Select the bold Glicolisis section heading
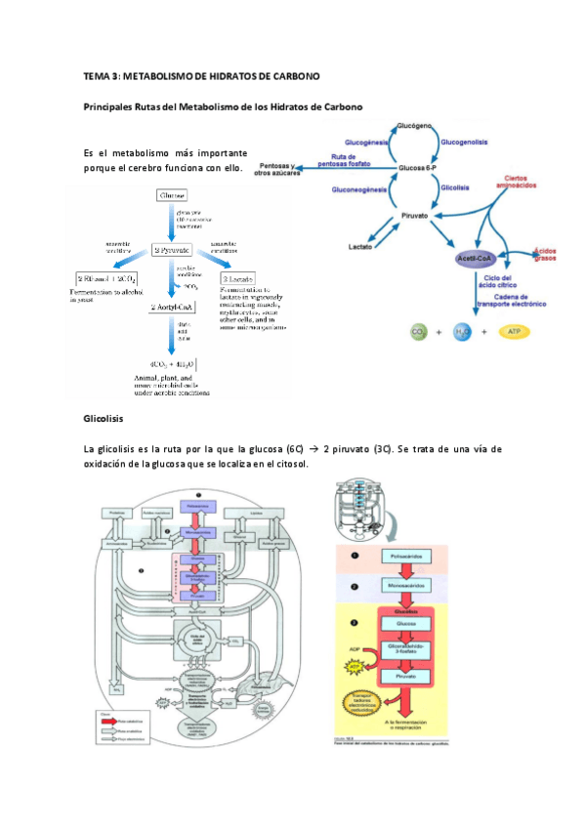[x=104, y=418]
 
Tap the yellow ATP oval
[x=514, y=332]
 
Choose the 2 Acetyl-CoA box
[x=171, y=307]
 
